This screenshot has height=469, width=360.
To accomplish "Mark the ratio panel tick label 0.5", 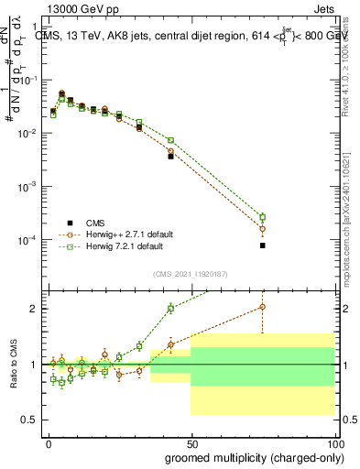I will [30, 420].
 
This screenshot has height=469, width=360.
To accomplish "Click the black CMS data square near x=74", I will [262, 245].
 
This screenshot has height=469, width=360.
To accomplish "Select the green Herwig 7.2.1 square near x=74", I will [262, 217].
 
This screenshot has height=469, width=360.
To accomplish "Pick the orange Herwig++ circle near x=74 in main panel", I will [262, 228].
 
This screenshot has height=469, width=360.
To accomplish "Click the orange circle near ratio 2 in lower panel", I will [262, 307].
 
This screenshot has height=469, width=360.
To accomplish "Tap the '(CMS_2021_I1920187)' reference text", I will [191, 273].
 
